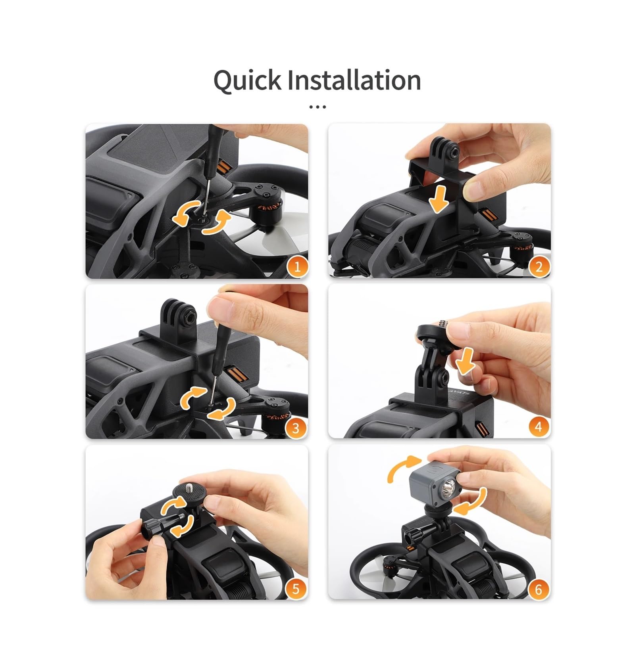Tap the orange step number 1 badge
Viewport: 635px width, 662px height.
297,266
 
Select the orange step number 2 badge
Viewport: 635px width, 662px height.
539,266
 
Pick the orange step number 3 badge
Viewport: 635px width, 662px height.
296,428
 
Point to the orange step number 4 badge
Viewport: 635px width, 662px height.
539,426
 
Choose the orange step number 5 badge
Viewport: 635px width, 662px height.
296,589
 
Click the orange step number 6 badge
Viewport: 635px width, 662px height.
539,589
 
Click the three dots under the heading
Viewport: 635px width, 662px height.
317,107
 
